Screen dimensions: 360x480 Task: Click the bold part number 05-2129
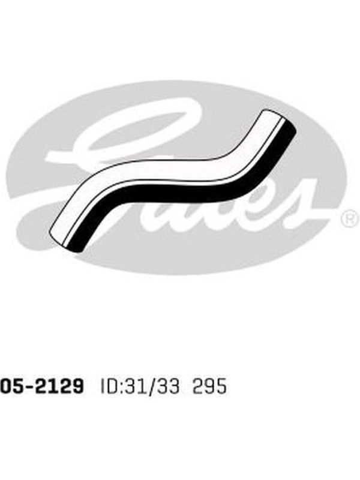(41, 386)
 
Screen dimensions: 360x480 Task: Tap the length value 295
(209, 386)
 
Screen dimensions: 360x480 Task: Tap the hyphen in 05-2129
(29, 386)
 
